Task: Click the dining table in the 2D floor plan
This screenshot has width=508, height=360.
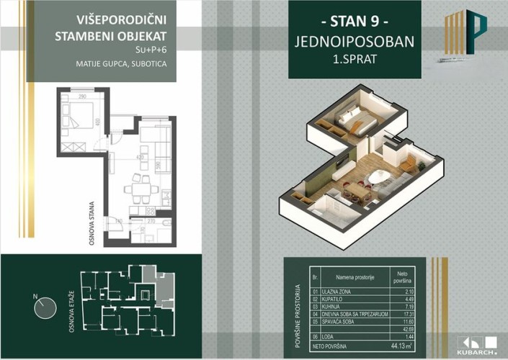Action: [139, 192]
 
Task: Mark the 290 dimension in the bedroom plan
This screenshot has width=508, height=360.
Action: [83, 96]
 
